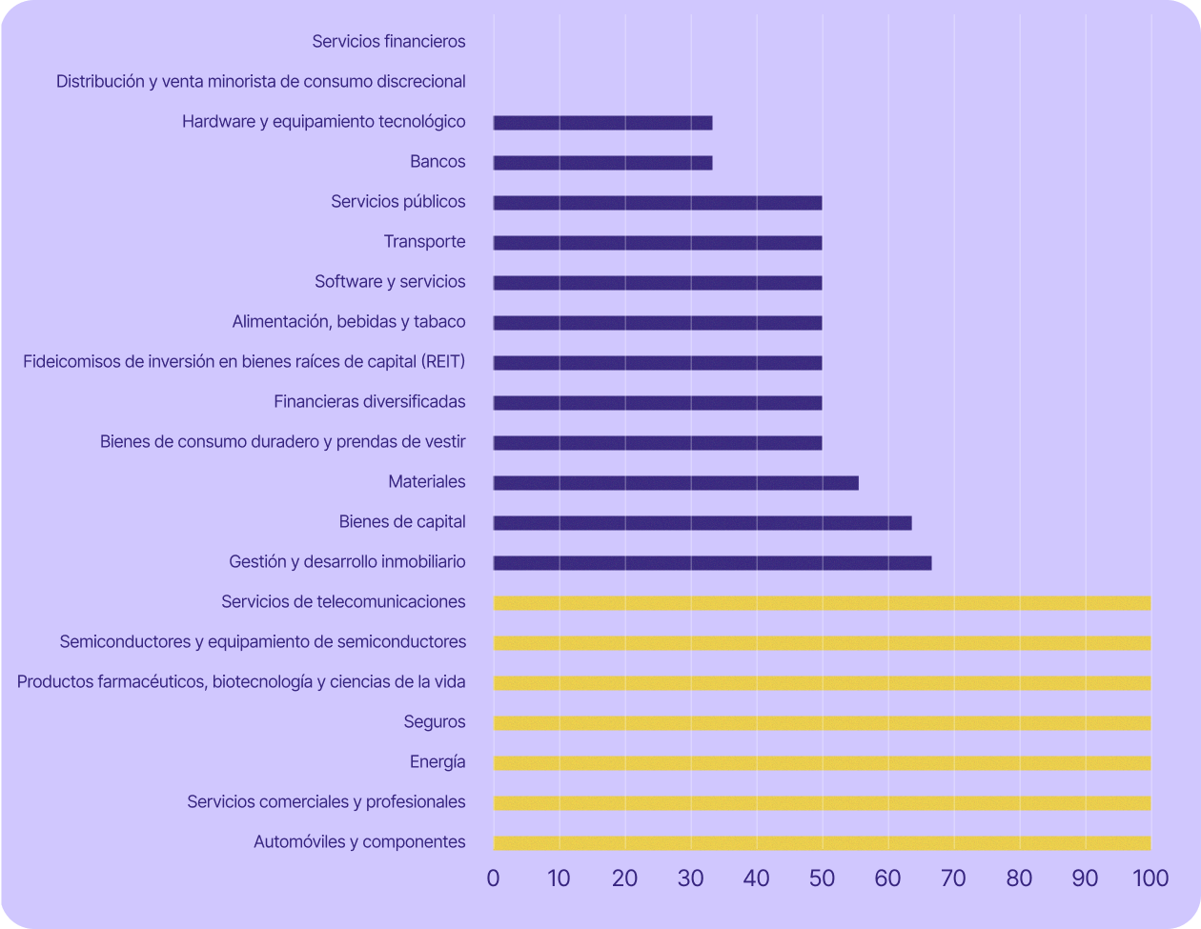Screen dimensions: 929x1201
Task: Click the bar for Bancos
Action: (602, 163)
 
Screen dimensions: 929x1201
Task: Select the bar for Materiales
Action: (676, 483)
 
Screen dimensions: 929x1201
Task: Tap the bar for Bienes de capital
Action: (702, 523)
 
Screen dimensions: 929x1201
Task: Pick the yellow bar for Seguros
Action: (822, 723)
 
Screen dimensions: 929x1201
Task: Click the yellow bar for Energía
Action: (822, 763)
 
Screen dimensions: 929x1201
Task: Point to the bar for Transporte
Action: (658, 243)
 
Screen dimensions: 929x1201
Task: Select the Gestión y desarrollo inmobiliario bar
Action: (712, 563)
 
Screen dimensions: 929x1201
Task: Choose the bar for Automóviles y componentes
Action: (822, 843)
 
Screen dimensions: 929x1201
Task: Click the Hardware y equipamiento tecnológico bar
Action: (602, 123)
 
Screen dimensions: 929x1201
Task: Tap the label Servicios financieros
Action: (389, 41)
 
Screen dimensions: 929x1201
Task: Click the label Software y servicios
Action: (390, 281)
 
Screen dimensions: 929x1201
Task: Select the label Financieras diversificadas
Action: (370, 401)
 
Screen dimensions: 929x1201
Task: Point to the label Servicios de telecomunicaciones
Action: (343, 601)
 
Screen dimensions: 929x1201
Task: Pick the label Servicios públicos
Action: (398, 201)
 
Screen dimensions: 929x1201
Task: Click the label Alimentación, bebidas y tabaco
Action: (349, 321)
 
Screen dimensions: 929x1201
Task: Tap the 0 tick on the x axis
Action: (493, 879)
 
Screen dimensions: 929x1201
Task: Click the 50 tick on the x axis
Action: (822, 879)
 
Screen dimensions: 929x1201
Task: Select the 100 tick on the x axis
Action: (1150, 879)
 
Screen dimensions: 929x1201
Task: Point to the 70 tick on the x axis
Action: (953, 879)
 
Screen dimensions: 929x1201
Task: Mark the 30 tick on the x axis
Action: (690, 879)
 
